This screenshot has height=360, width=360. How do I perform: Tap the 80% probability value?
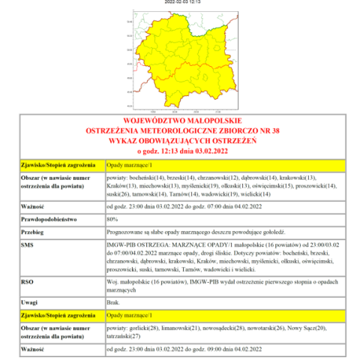tap(112, 218)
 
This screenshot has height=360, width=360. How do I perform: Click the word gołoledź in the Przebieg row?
tap(268, 232)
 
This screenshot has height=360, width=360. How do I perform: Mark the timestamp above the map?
tap(181, 2)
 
